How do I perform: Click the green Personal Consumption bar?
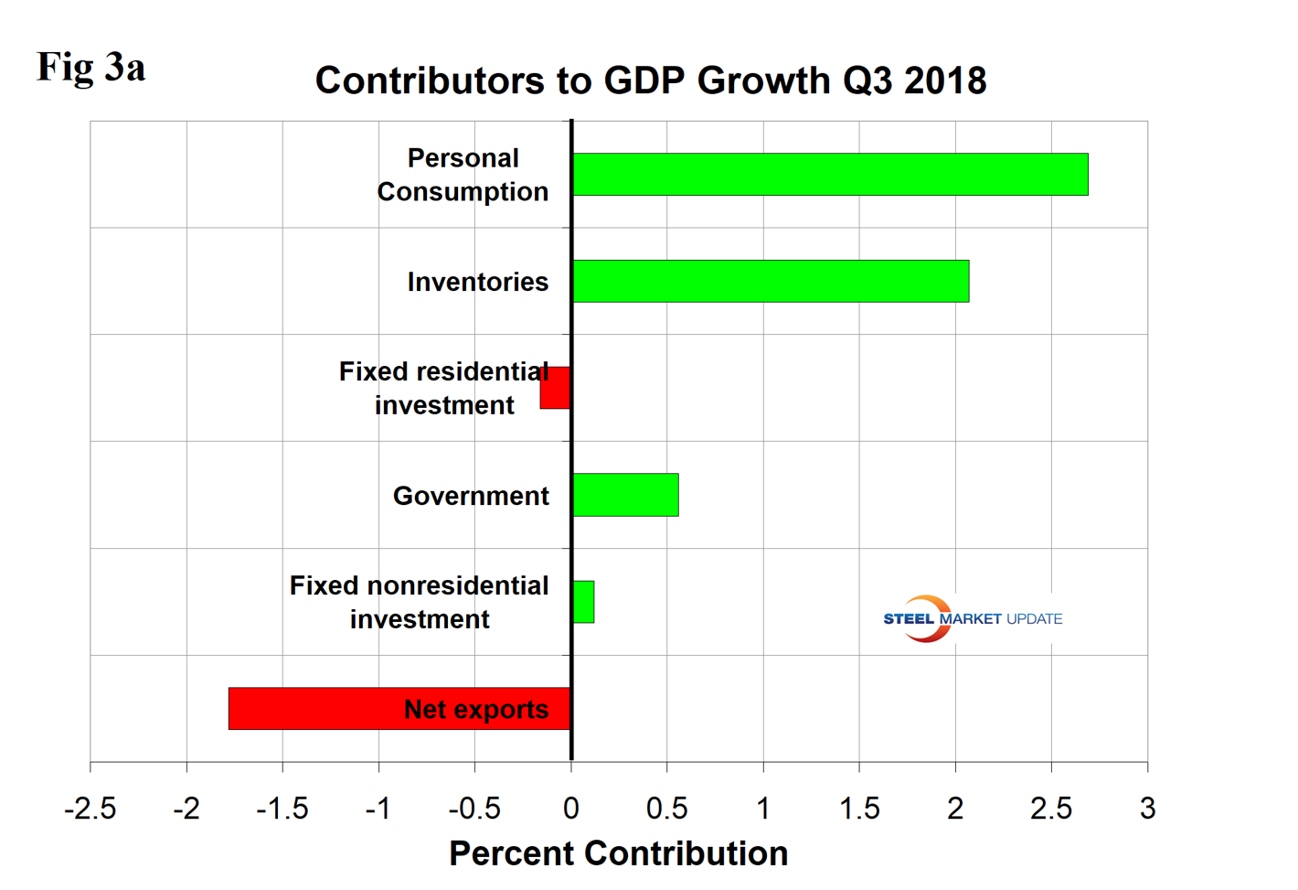pyautogui.click(x=830, y=175)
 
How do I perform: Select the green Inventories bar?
pyautogui.click(x=771, y=281)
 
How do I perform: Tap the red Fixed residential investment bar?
pyautogui.click(x=556, y=388)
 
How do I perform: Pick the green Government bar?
pyautogui.click(x=625, y=495)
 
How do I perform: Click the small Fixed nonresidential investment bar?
pyautogui.click(x=583, y=602)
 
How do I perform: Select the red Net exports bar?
pyautogui.click(x=399, y=709)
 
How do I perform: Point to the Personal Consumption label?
pyautogui.click(x=463, y=175)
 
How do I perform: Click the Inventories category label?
pyautogui.click(x=477, y=282)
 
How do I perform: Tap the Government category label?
pyautogui.click(x=471, y=496)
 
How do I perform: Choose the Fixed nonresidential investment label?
pyautogui.click(x=420, y=602)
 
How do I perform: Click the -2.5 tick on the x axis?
pyautogui.click(x=90, y=809)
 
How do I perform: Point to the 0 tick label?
pyautogui.click(x=571, y=809)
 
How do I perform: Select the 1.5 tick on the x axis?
pyautogui.click(x=859, y=809)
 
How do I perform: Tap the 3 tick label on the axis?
pyautogui.click(x=1147, y=809)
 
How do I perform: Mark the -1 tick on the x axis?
pyautogui.click(x=378, y=809)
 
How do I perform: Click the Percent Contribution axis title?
pyautogui.click(x=618, y=853)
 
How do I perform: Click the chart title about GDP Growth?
pyautogui.click(x=651, y=80)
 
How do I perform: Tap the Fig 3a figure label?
pyautogui.click(x=91, y=67)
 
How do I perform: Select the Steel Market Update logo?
pyautogui.click(x=972, y=619)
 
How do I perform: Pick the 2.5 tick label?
pyautogui.click(x=1051, y=809)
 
